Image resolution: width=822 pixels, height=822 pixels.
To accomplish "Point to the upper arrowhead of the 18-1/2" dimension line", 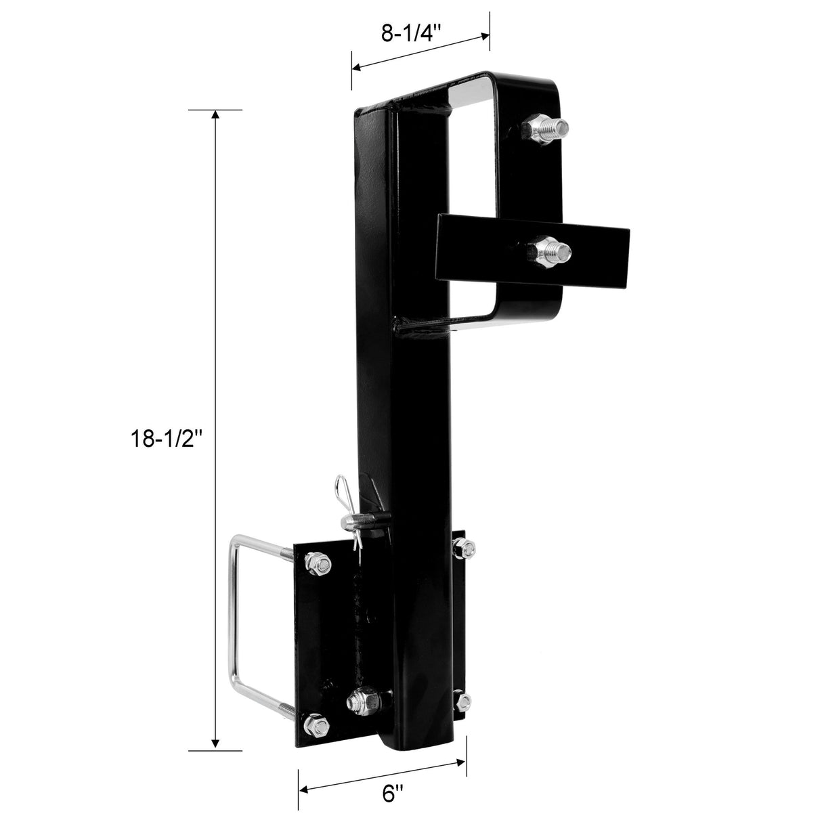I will [x=216, y=115].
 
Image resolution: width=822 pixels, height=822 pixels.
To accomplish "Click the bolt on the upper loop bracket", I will [x=546, y=127].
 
